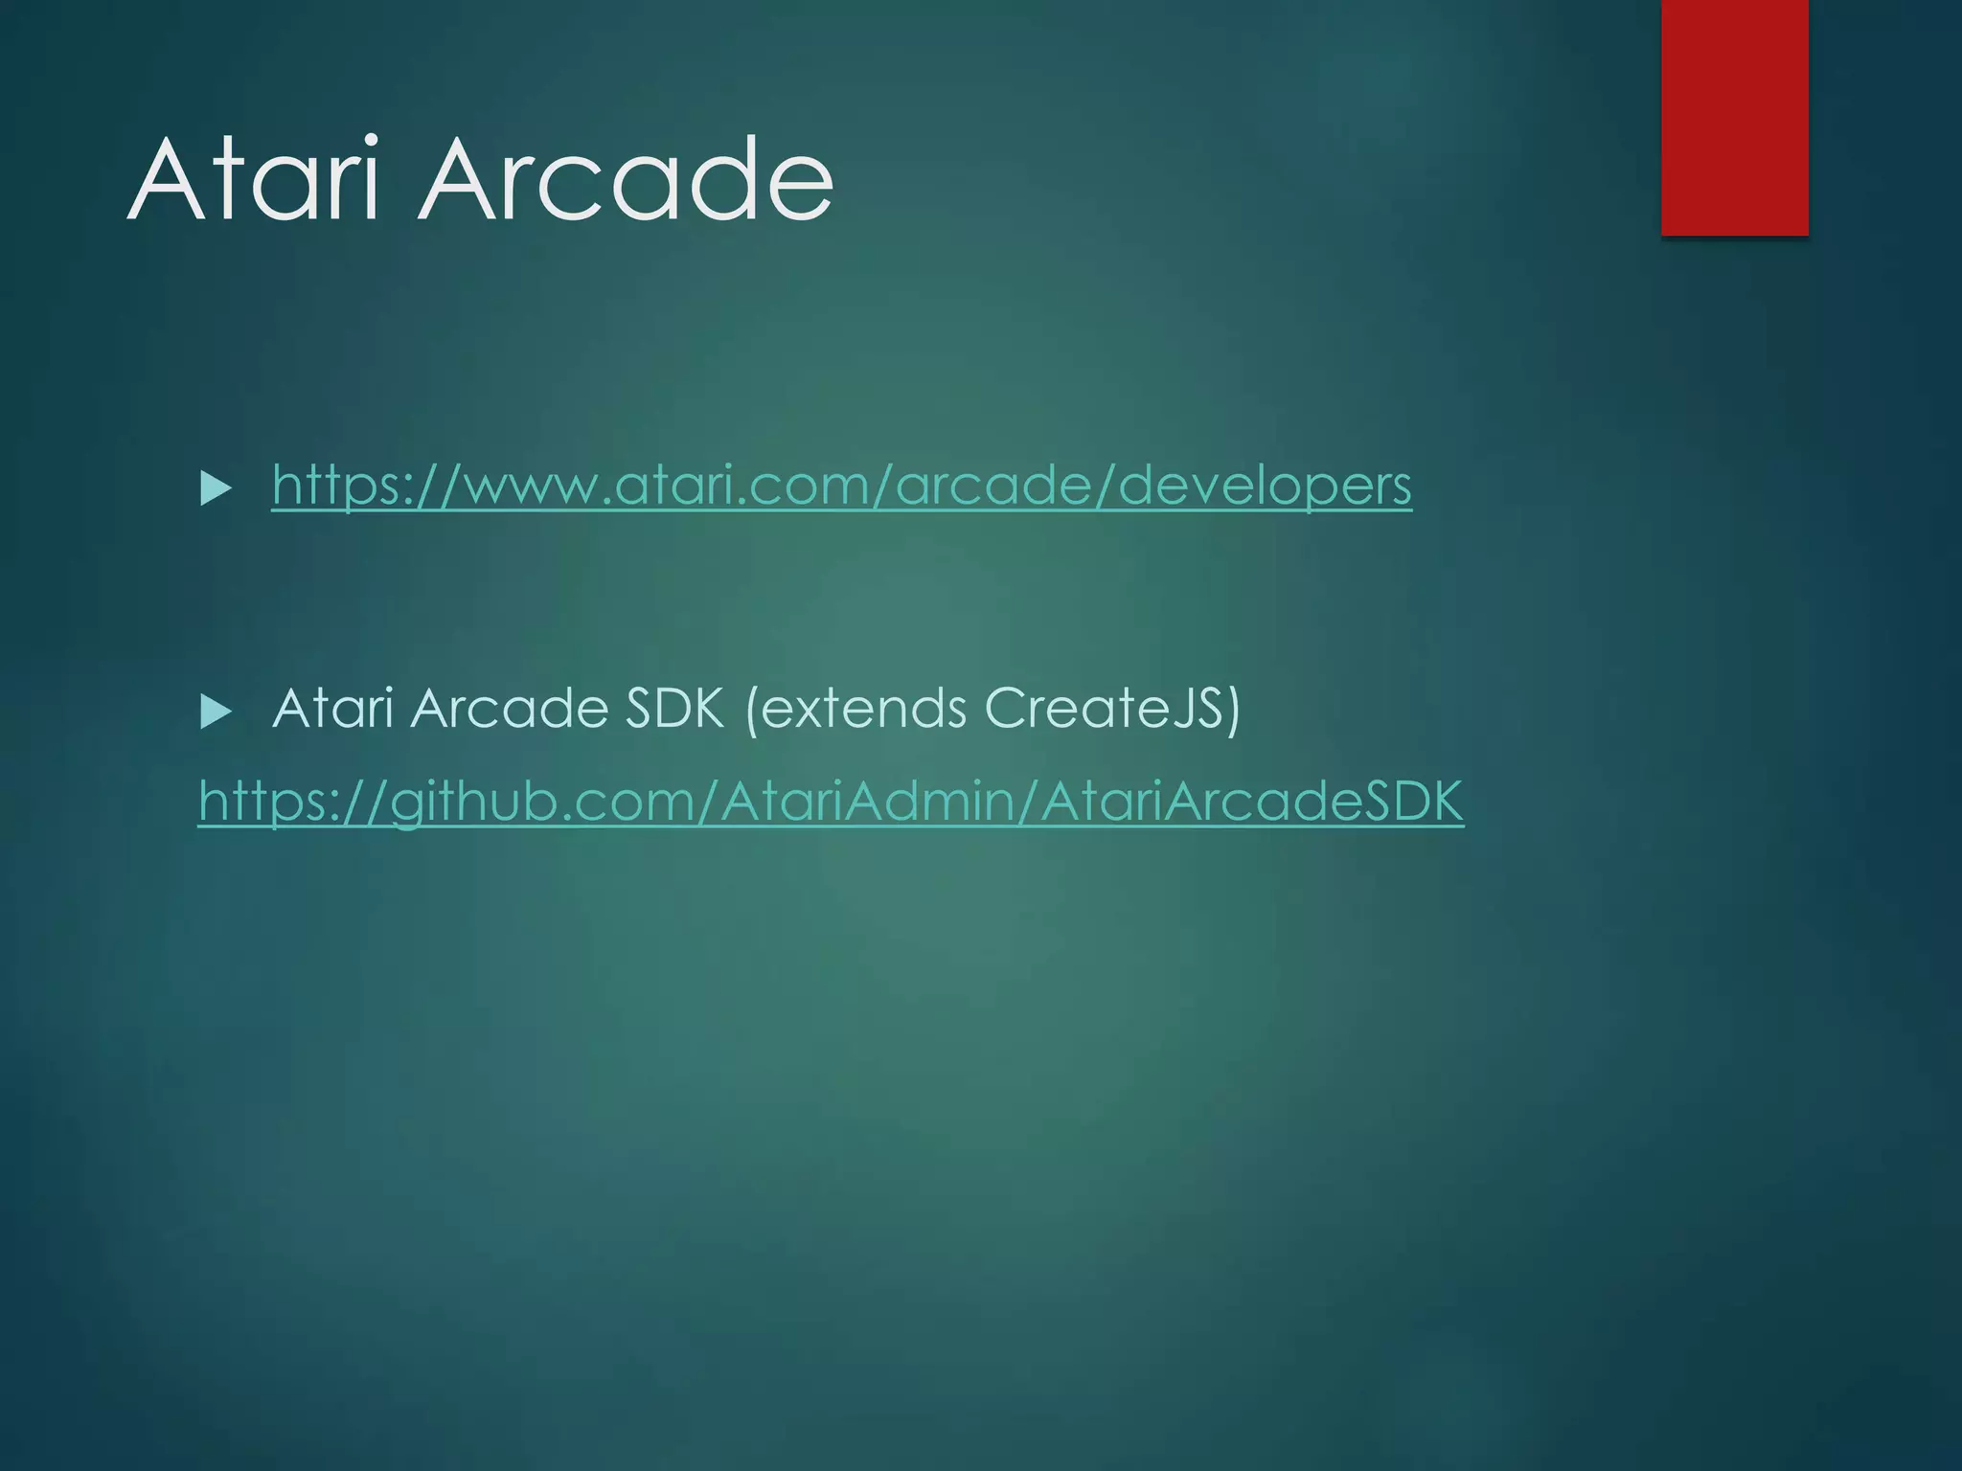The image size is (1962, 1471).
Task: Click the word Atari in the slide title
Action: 254,179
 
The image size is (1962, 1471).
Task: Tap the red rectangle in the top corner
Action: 1734,117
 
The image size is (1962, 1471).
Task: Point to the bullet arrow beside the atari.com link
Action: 216,488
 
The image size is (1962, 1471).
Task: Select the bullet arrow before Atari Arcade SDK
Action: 216,712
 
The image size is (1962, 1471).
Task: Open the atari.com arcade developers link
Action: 841,486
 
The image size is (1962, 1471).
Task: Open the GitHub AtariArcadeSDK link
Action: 831,801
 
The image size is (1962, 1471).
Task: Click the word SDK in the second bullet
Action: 674,709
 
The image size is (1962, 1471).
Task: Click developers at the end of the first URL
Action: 1265,486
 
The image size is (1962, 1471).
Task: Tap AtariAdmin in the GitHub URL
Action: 862,801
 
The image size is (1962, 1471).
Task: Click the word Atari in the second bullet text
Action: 332,709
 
